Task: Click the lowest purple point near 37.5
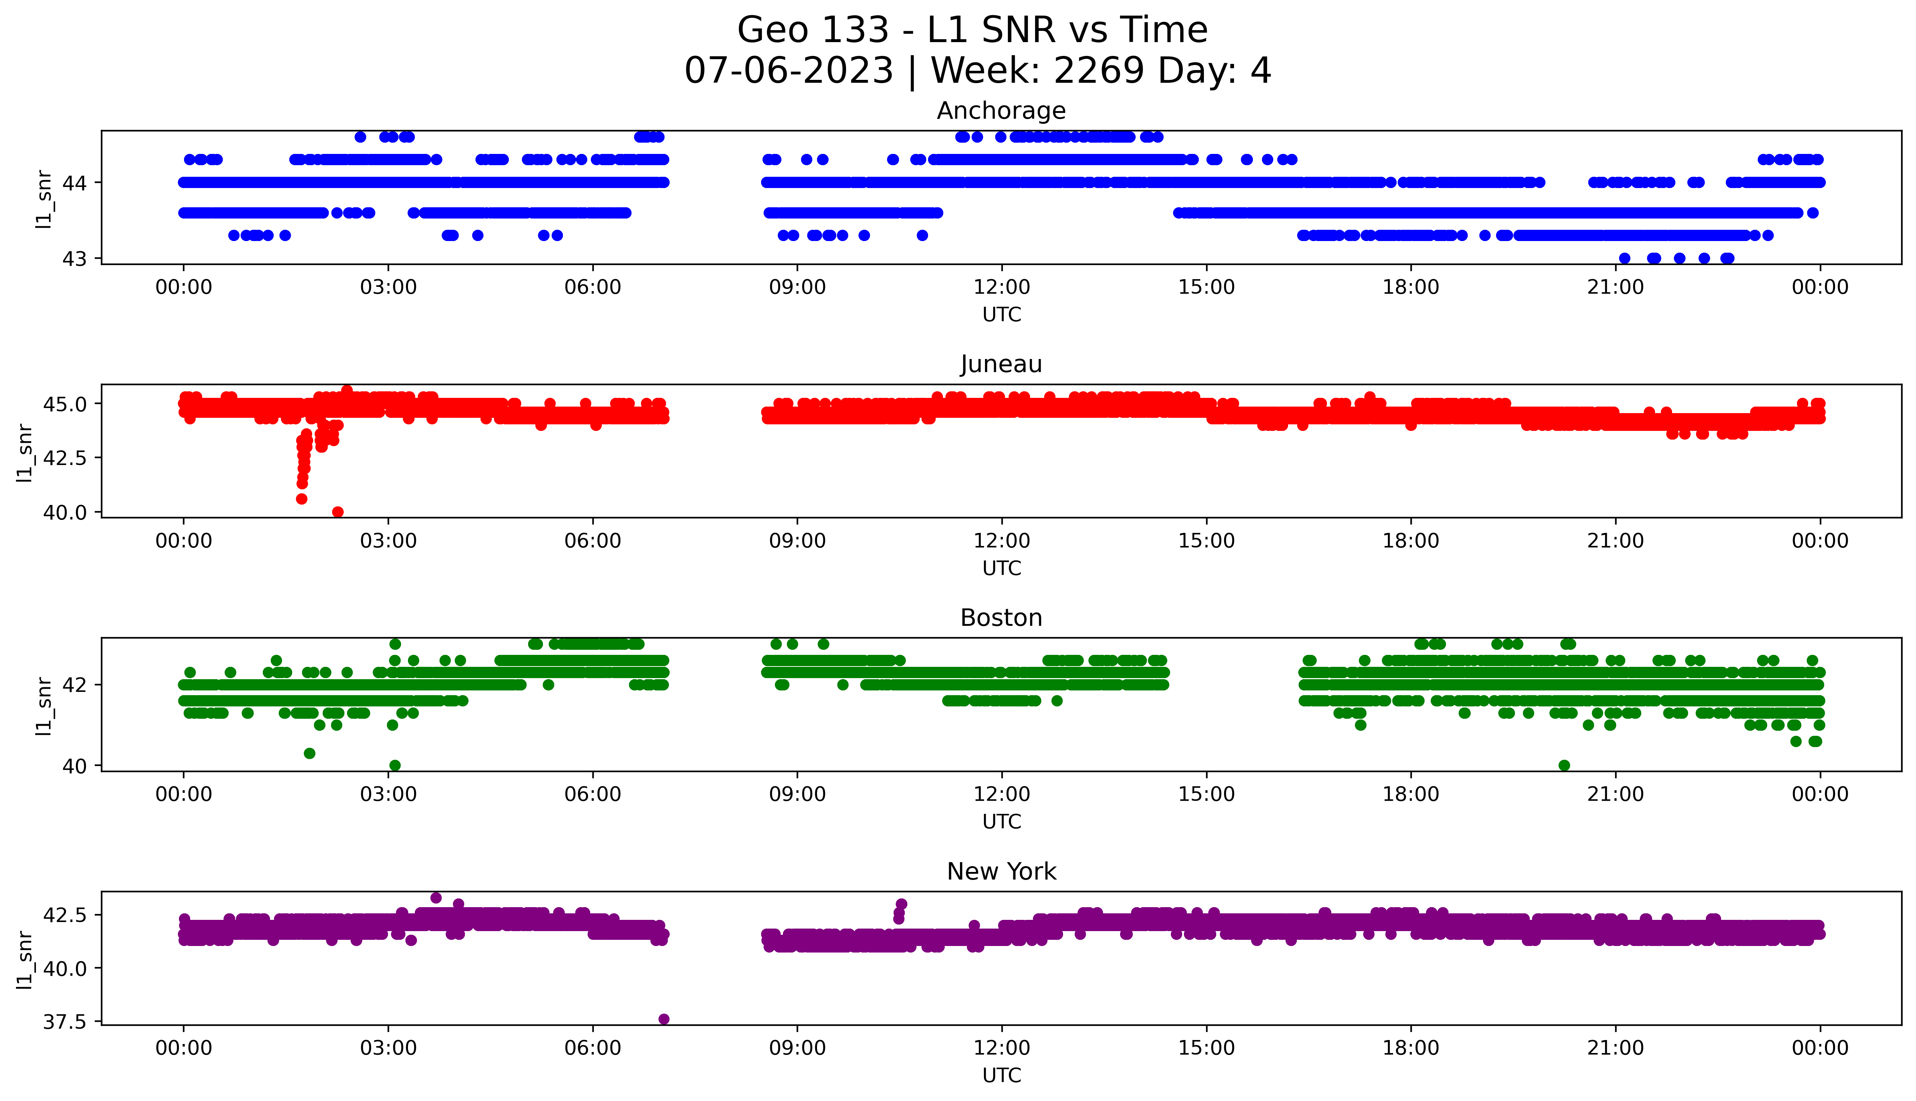point(663,1019)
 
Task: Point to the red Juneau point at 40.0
point(338,512)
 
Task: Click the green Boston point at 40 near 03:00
point(395,765)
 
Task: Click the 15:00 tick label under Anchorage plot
point(1206,288)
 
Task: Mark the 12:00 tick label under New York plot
point(1001,1048)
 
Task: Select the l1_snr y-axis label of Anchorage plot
point(44,199)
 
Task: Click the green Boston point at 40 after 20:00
point(1564,765)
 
